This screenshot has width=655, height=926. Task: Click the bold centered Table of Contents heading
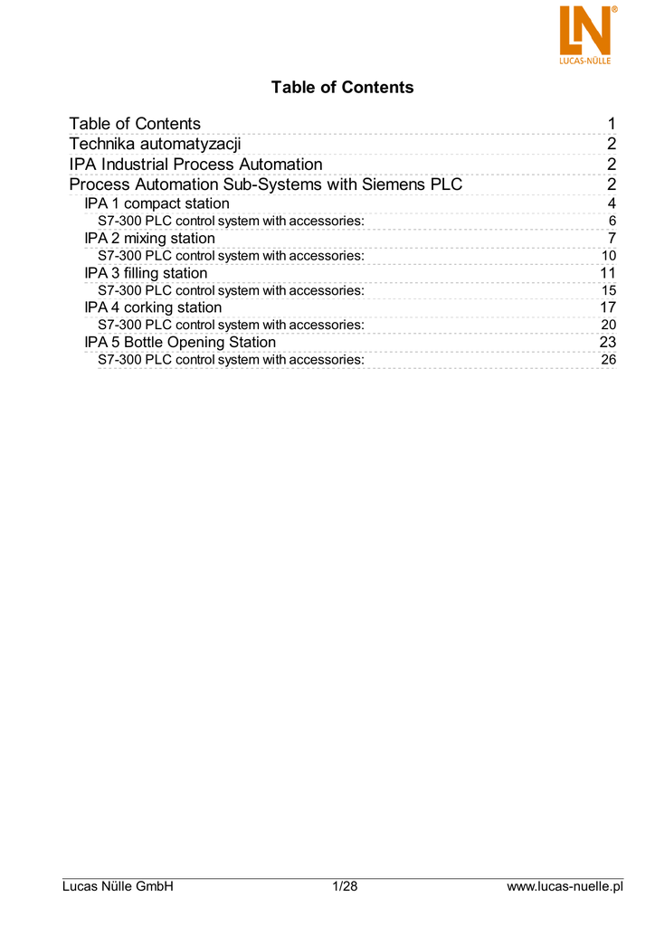tap(342, 88)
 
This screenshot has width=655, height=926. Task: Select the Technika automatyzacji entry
tap(156, 144)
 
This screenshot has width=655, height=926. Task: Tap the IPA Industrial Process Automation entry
tap(195, 165)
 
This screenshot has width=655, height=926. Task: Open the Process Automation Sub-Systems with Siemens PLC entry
tap(266, 185)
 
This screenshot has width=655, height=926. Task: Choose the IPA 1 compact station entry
tap(157, 203)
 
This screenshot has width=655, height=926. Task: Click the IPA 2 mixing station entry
tap(149, 239)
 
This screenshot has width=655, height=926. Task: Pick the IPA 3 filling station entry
tap(146, 273)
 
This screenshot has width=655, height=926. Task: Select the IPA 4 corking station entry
tap(153, 307)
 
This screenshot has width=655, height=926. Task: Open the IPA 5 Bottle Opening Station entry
tap(180, 343)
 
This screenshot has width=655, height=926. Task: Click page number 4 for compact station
tap(612, 203)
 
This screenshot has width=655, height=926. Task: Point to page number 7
tap(612, 239)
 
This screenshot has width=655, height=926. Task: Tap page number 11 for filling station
tap(608, 273)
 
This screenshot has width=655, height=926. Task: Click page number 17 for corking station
tap(608, 307)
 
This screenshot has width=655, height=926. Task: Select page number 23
tap(608, 343)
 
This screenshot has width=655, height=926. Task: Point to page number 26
tap(609, 360)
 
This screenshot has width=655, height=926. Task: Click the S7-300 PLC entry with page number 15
tap(231, 290)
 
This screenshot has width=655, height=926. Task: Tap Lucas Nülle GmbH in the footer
tap(117, 886)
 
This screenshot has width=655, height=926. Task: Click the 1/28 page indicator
tap(346, 886)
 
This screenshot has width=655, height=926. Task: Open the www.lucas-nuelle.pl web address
tap(565, 886)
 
